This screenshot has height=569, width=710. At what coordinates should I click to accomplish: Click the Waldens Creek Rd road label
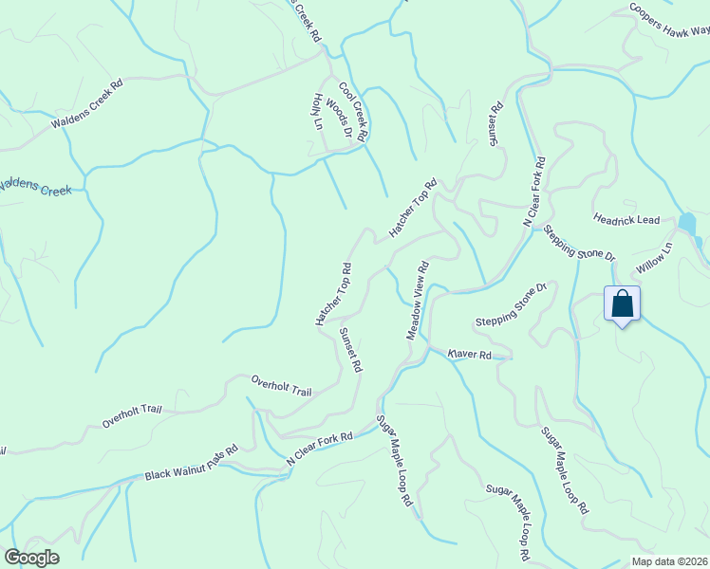(x=88, y=103)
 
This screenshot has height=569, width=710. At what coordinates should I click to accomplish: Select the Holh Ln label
(x=317, y=111)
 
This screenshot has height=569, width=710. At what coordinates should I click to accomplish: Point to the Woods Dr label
(x=339, y=120)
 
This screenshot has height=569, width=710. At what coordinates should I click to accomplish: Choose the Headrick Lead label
(x=626, y=220)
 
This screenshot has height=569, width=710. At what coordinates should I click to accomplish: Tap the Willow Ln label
(x=654, y=258)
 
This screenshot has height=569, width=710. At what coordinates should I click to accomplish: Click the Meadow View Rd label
(x=418, y=301)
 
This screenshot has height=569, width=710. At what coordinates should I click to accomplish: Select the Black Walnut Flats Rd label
(x=191, y=462)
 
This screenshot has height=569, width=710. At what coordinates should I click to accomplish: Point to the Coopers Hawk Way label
(x=669, y=18)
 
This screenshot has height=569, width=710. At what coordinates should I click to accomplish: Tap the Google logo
(x=31, y=558)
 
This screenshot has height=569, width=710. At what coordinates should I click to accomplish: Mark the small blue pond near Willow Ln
(x=687, y=225)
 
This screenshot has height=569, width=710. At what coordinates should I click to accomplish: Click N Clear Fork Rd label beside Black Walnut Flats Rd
(x=320, y=450)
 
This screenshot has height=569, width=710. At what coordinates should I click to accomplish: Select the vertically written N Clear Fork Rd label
(x=532, y=191)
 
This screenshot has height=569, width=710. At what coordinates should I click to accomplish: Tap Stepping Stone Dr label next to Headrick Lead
(x=580, y=243)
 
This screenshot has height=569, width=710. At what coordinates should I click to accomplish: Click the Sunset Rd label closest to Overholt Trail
(x=351, y=349)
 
